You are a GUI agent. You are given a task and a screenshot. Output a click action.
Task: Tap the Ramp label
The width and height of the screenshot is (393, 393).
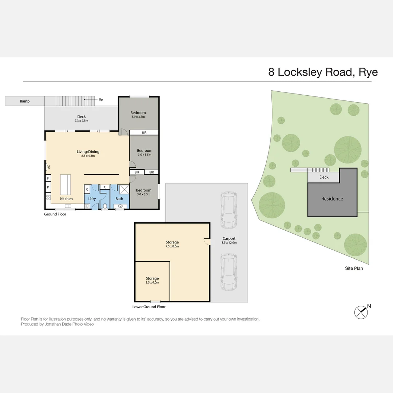pyautogui.click(x=25, y=101)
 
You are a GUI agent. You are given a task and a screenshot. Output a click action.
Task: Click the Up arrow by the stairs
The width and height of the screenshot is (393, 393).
pyautogui.click(x=91, y=99)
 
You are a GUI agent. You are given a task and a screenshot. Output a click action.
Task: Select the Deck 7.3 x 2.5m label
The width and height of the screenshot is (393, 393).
pyautogui.click(x=82, y=119)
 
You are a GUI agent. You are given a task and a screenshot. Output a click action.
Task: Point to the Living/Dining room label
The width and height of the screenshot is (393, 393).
pyautogui.click(x=88, y=154)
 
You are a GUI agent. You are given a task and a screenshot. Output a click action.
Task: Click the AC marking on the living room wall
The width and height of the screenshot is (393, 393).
pyautogui.click(x=48, y=167)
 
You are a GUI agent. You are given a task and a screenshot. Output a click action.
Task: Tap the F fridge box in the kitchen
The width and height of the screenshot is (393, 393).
pyautogui.click(x=48, y=179)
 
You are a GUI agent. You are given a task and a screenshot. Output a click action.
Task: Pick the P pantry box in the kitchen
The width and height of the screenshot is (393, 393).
pyautogui.click(x=48, y=187)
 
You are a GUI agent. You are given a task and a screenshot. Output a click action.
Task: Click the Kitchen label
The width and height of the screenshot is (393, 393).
pyautogui.click(x=67, y=199)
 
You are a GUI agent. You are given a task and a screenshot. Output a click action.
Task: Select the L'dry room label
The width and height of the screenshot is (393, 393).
pyautogui.click(x=92, y=199)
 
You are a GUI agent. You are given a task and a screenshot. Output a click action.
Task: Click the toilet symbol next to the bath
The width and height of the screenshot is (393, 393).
pyautogui.click(x=105, y=206)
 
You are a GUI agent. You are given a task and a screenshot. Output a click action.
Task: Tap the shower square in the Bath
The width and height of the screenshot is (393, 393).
pyautogui.click(x=124, y=189)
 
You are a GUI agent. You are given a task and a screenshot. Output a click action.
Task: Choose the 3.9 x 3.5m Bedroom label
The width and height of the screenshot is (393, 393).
pyautogui.click(x=138, y=115)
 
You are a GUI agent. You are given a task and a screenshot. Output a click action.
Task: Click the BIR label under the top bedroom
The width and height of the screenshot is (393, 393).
pyautogui.click(x=144, y=132)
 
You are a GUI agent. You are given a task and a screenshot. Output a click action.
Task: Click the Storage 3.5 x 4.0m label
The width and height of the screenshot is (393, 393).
pyautogui.click(x=152, y=280)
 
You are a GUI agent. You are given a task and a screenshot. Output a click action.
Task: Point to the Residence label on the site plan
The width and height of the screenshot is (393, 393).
pyautogui.click(x=332, y=199)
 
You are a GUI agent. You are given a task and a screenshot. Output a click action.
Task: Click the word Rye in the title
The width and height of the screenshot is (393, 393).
pyautogui.click(x=368, y=72)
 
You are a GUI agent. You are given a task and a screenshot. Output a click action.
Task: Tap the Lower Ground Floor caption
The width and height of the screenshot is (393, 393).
pyautogui.click(x=149, y=307)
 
